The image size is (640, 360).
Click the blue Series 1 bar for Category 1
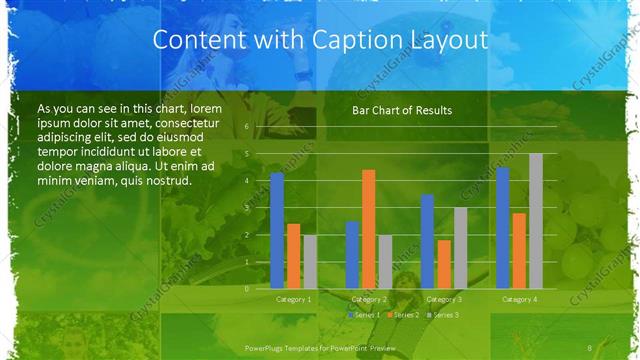277,231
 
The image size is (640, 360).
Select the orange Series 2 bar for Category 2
368,229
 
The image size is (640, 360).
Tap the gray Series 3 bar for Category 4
535,221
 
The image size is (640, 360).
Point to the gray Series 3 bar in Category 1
309,262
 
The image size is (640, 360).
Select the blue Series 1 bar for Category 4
502,228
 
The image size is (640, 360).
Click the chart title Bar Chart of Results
401,110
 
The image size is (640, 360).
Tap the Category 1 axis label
293,299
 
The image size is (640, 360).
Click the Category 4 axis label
519,299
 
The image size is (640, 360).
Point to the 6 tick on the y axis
245,127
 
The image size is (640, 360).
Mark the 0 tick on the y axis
245,289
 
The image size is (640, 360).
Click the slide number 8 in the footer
589,346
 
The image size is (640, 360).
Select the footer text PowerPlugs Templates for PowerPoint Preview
321,346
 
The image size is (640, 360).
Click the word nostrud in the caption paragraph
163,181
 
